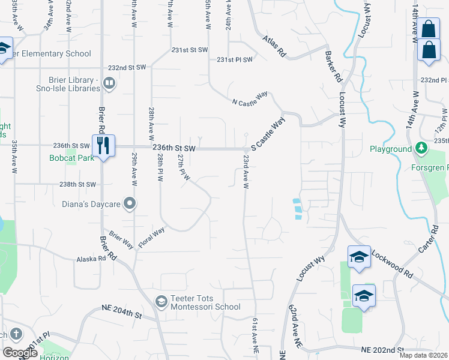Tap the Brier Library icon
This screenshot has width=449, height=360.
(x=109, y=83)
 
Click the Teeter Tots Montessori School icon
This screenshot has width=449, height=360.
(x=161, y=301)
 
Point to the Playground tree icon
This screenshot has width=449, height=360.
(x=422, y=148)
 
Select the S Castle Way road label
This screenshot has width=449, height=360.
(x=268, y=133)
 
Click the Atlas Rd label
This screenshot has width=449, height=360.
(x=274, y=47)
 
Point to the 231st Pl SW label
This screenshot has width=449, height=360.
(x=235, y=59)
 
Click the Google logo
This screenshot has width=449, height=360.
(x=20, y=353)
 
